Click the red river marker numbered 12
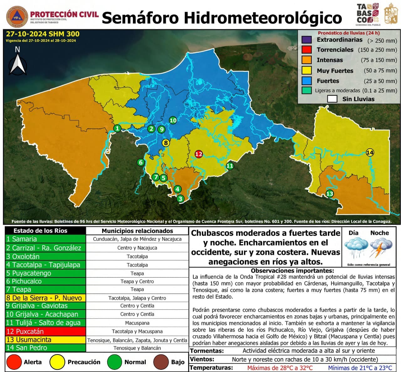(199, 154)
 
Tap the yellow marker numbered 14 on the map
(370, 153)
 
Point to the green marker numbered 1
(117, 128)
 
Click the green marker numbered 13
(330, 194)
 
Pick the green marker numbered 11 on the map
(230, 166)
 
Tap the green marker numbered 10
(173, 120)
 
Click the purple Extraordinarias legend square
(306, 40)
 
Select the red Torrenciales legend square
(306, 50)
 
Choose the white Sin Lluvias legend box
(332, 99)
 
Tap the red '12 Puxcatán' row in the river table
(45, 331)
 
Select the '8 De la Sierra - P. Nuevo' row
(45, 298)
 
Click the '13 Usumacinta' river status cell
(45, 340)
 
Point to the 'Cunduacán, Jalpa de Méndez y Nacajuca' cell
(137, 239)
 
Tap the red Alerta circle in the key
(14, 362)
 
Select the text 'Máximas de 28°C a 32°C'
(280, 368)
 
